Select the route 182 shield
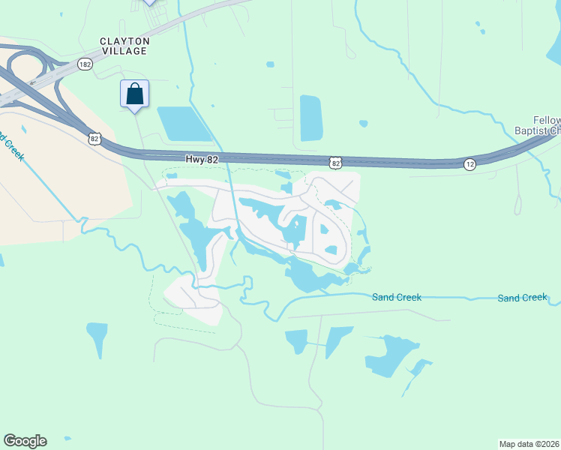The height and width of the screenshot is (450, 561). tap(85, 64)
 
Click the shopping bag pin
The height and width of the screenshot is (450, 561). tap(135, 94)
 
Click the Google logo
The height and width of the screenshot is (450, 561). tap(25, 441)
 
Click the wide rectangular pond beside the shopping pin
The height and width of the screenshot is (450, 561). tap(184, 124)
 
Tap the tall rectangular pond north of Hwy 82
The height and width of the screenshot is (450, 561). tap(310, 118)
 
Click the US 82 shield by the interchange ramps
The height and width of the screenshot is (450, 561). tap(94, 138)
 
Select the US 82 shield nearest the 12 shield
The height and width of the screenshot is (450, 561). tap(334, 162)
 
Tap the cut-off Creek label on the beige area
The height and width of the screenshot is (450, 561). tap(12, 148)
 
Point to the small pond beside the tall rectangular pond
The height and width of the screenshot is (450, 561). tap(364, 124)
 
